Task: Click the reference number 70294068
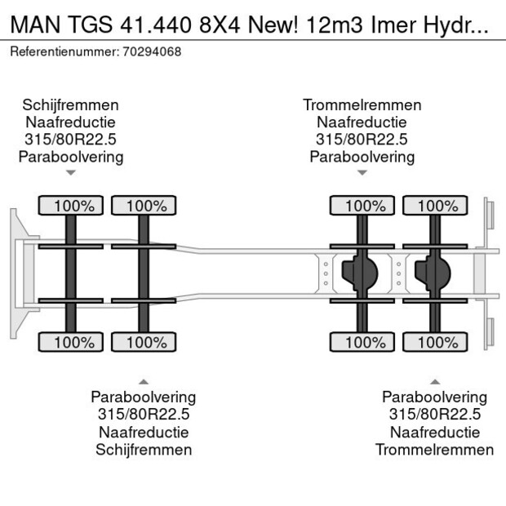pyautogui.click(x=152, y=51)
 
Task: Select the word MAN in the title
pyautogui.click(x=35, y=24)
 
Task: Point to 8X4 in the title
pyautogui.click(x=220, y=24)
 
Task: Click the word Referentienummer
pyautogui.click(x=64, y=51)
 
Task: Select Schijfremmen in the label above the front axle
pyautogui.click(x=71, y=105)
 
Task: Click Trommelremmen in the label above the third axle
pyautogui.click(x=362, y=105)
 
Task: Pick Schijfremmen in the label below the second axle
pyautogui.click(x=144, y=450)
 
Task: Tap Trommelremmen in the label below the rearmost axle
pyautogui.click(x=435, y=450)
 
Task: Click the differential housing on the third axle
pyautogui.click(x=360, y=273)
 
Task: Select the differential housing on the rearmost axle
pyautogui.click(x=433, y=273)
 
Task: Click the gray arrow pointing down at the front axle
pyautogui.click(x=71, y=173)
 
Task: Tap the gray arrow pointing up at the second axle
pyautogui.click(x=144, y=382)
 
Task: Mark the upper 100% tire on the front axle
pyautogui.click(x=71, y=206)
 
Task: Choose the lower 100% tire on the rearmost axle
pyautogui.click(x=435, y=342)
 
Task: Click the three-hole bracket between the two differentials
pyautogui.click(x=399, y=273)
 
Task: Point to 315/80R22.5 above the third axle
pyautogui.click(x=362, y=140)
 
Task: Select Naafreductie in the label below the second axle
pyautogui.click(x=144, y=433)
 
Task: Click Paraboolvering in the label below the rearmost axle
pyautogui.click(x=435, y=397)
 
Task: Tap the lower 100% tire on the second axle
pyautogui.click(x=144, y=342)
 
